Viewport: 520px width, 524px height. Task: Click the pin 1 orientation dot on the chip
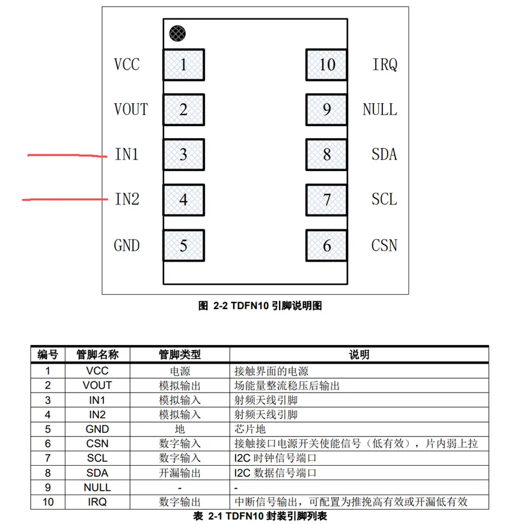click(177, 33)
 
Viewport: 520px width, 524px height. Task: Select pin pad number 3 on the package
click(184, 154)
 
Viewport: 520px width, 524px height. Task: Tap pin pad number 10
click(326, 64)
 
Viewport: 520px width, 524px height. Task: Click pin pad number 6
click(326, 245)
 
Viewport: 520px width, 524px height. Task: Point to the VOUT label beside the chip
click(130, 109)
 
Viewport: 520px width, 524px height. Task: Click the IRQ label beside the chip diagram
click(385, 64)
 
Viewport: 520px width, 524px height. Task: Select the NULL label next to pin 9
click(380, 109)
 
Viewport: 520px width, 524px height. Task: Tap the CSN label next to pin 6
click(384, 245)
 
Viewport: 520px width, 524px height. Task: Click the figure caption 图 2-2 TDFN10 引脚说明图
click(260, 306)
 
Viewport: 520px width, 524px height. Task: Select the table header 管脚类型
click(180, 354)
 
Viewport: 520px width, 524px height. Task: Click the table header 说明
click(359, 354)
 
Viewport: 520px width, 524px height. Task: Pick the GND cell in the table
click(97, 429)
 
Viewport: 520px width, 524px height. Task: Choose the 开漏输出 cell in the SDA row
click(180, 473)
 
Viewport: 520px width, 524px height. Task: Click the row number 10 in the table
click(48, 502)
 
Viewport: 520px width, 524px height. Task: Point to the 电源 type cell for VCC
click(180, 371)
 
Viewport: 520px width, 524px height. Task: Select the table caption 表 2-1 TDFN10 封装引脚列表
click(260, 516)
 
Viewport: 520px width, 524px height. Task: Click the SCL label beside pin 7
click(384, 199)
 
